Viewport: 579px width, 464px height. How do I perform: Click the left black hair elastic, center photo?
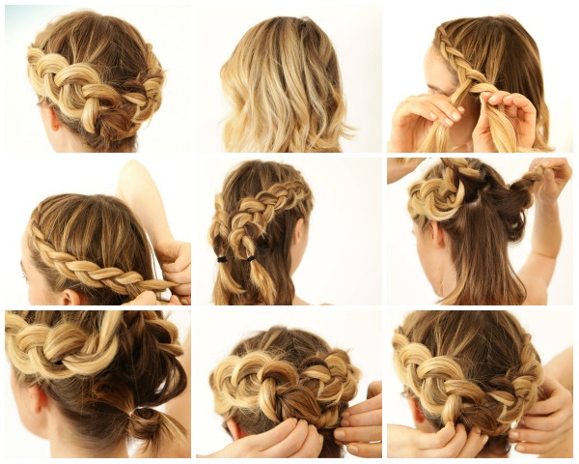pos(224,259)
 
